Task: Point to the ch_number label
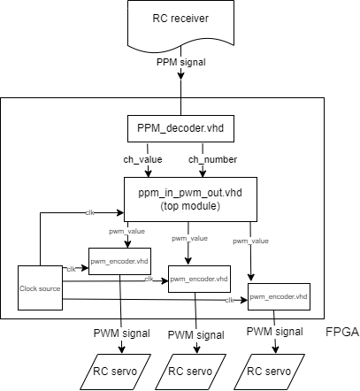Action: pos(213,159)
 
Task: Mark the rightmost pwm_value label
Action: pos(250,240)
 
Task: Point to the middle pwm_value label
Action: pos(189,238)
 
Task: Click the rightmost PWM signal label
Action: pos(275,331)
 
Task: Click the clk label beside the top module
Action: pos(89,212)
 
